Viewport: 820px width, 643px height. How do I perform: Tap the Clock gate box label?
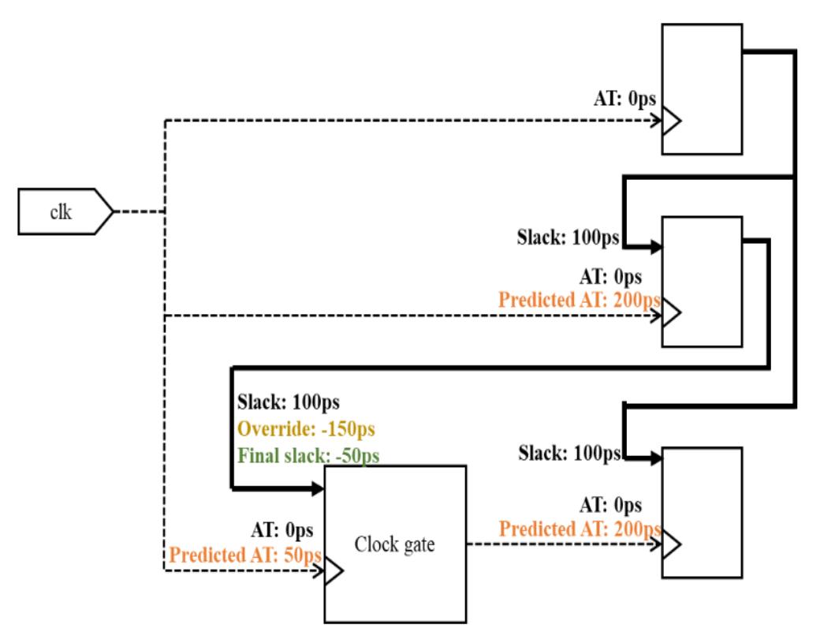click(395, 544)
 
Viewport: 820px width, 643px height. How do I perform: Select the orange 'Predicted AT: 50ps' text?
click(244, 555)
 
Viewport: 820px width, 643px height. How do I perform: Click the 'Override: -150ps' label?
click(305, 430)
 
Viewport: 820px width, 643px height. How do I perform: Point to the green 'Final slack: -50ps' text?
click(304, 456)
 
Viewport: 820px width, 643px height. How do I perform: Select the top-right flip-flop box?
click(702, 88)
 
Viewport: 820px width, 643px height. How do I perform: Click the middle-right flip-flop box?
click(702, 282)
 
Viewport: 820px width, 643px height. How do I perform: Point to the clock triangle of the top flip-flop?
click(672, 122)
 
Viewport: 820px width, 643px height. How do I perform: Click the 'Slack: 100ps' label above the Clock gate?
click(289, 403)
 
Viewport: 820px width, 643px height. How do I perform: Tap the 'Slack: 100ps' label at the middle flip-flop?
click(566, 236)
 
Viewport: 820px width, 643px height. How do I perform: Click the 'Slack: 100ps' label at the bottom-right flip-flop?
click(570, 454)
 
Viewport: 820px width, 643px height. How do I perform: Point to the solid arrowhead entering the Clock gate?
click(319, 489)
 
